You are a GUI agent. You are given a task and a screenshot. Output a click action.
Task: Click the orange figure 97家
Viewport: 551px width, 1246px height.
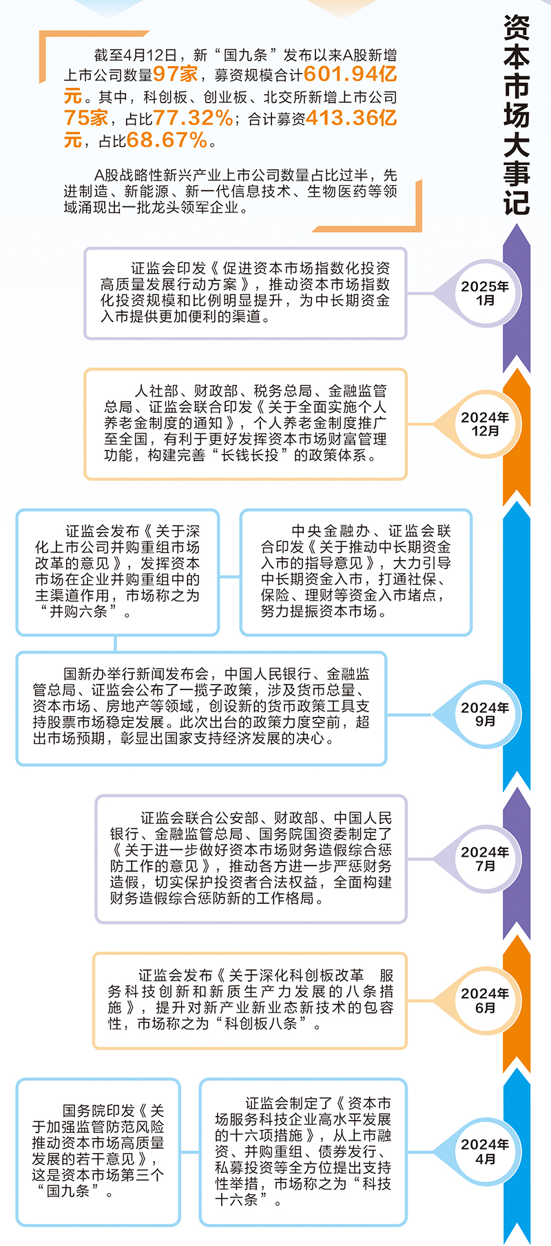tap(175, 74)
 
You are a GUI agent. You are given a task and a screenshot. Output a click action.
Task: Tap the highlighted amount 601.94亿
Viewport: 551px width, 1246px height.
tap(350, 74)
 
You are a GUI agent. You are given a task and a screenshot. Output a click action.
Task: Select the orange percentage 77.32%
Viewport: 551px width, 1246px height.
tap(193, 118)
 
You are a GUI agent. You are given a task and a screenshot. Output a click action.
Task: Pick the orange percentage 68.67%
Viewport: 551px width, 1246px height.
tap(167, 140)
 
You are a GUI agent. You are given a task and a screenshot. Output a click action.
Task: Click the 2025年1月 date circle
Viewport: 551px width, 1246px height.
tap(485, 293)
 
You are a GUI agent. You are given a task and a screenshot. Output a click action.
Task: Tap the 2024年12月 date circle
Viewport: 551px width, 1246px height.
tap(485, 424)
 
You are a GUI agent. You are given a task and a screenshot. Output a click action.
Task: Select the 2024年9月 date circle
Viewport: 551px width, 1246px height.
tap(485, 714)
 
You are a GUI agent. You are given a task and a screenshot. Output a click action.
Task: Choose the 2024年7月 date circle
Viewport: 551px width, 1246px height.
tap(485, 859)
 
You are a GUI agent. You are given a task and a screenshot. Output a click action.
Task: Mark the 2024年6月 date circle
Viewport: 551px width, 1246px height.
tap(485, 1000)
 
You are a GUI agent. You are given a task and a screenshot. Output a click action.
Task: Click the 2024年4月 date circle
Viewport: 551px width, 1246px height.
tap(485, 1152)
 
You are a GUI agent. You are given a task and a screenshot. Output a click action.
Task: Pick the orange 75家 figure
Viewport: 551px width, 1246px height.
tap(86, 118)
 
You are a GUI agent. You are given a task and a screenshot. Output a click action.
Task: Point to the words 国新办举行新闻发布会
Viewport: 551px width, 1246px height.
tap(136, 674)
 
